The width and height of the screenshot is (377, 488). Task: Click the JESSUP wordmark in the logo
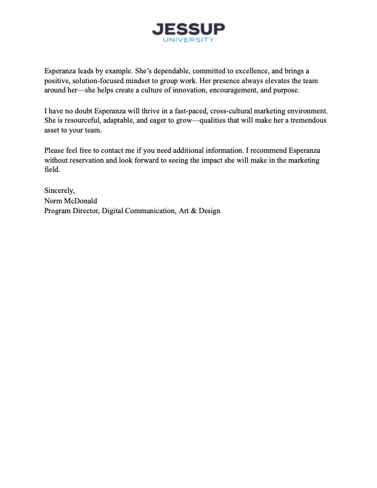coord(188,29)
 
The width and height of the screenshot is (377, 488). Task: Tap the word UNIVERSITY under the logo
coord(188,40)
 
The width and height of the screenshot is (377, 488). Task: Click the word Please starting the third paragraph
coord(54,150)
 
